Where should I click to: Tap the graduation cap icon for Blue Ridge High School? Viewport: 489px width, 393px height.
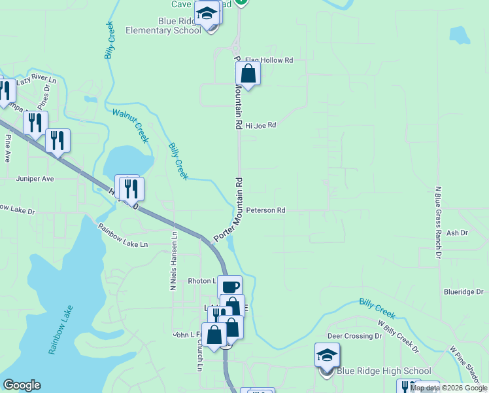(327, 356)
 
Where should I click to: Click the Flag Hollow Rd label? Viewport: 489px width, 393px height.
(269, 60)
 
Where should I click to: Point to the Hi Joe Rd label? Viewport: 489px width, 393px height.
(261, 125)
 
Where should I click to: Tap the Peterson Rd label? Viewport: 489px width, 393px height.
(266, 211)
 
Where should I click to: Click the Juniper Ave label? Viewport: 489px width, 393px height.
(35, 179)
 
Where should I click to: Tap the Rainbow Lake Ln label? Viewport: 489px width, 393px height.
(124, 236)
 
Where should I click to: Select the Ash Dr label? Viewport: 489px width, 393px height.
(457, 233)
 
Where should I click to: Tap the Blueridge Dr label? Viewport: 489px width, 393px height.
(462, 292)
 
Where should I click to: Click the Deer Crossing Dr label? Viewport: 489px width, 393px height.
(354, 336)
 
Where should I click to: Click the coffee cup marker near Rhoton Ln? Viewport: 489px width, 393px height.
(229, 286)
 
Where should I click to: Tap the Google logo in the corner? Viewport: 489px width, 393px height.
(22, 385)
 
